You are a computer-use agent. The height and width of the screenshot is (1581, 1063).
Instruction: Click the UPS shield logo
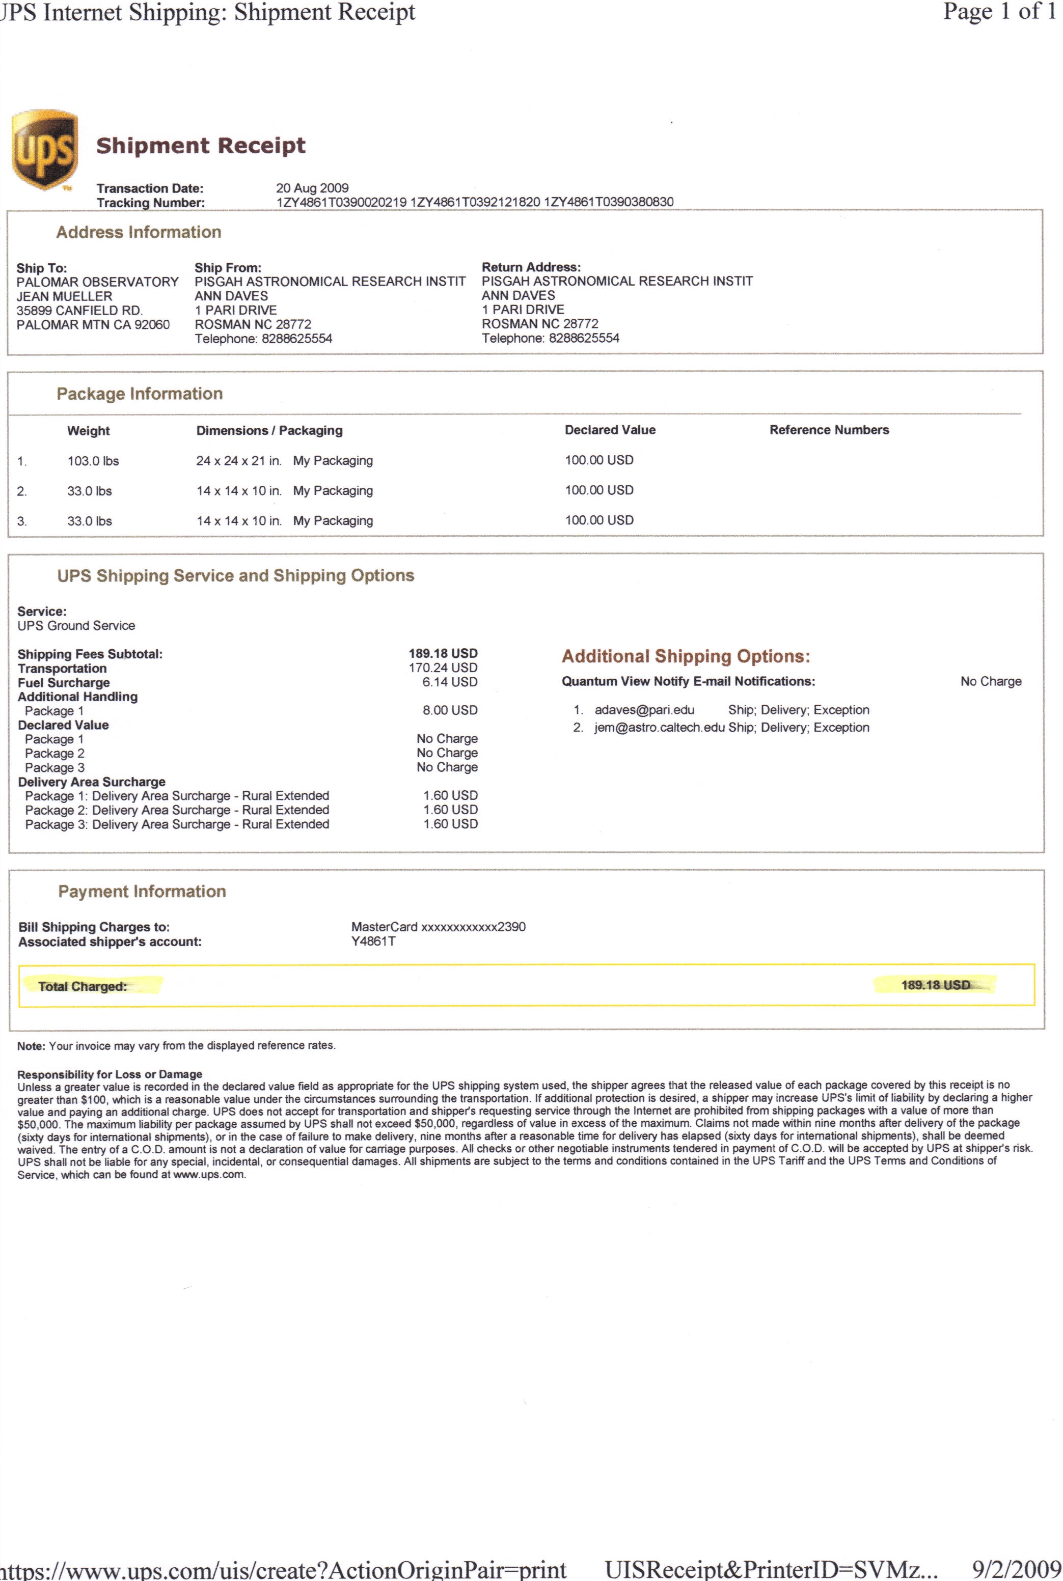click(45, 150)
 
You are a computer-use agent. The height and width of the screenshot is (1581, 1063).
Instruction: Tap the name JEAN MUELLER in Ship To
click(64, 296)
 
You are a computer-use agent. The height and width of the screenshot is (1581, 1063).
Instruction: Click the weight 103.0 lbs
click(93, 461)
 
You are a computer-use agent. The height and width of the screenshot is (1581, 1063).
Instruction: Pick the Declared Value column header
click(610, 430)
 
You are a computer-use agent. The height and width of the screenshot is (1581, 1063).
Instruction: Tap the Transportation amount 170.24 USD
click(443, 668)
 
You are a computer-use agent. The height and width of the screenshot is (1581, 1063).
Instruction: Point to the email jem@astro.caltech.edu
click(659, 728)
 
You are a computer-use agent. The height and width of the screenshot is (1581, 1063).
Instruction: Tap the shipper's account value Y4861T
click(373, 942)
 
